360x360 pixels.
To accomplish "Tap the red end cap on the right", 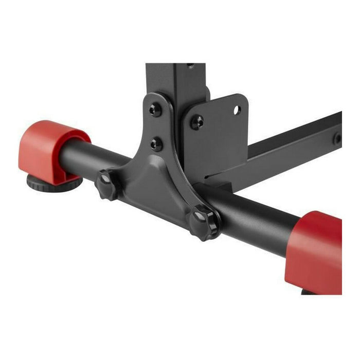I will click(x=317, y=252).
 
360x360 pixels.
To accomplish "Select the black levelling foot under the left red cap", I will click(x=51, y=183).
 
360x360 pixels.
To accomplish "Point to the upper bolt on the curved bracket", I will click(x=155, y=109).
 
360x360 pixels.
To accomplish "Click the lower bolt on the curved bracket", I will click(x=156, y=143).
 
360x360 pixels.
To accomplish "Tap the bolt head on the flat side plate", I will click(x=196, y=122).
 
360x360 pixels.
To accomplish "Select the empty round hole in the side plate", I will click(x=236, y=110).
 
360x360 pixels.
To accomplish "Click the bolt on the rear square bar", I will click(x=337, y=138).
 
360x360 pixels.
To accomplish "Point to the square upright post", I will click(x=175, y=82).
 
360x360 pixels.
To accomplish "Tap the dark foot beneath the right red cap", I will click(x=308, y=292).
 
